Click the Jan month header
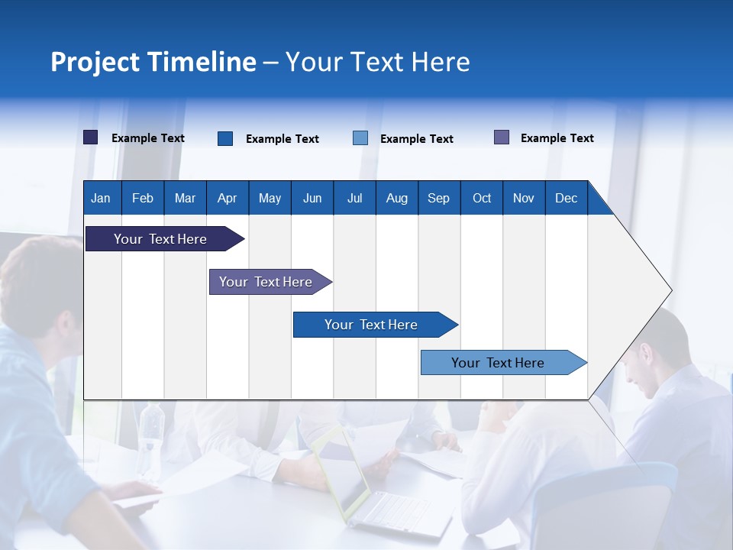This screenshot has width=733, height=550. [101, 198]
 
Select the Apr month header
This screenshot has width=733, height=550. [227, 198]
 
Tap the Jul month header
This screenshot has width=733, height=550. [354, 198]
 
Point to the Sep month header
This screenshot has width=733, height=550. [438, 198]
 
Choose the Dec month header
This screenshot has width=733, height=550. [566, 198]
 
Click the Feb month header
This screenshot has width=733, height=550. [143, 198]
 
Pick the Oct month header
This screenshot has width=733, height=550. [482, 198]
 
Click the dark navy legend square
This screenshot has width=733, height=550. [91, 137]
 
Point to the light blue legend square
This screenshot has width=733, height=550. [360, 138]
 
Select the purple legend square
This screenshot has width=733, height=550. [502, 137]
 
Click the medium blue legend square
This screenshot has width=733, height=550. [225, 138]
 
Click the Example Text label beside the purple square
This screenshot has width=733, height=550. [557, 138]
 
